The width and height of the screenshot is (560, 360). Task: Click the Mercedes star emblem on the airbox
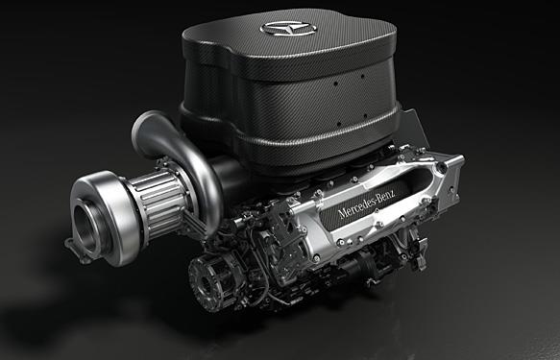click(x=288, y=28)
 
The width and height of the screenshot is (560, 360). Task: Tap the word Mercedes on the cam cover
click(x=357, y=204)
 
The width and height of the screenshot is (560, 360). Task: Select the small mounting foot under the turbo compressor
click(x=77, y=252)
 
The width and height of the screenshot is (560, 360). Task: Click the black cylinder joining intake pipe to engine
click(x=227, y=178)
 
